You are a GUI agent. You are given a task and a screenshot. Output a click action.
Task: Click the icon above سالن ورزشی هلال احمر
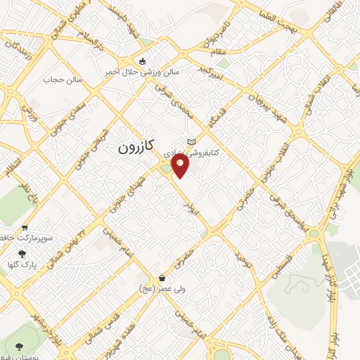coord(143,61)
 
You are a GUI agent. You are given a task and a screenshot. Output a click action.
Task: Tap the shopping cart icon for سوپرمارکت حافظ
coord(25,228)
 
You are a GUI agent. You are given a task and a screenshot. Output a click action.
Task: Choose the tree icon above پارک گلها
coord(22,254)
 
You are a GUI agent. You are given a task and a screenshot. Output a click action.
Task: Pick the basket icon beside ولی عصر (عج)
coord(162,278)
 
